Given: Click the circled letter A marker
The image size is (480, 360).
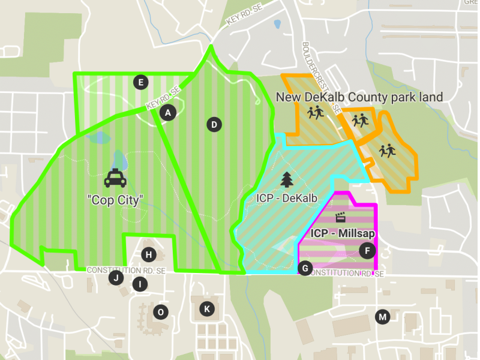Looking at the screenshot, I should coord(168,112).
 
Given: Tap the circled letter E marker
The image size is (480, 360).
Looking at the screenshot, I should coord(140,82).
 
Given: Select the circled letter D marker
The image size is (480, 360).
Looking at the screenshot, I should coord(214,125).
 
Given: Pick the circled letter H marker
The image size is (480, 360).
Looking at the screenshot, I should coord(149,254).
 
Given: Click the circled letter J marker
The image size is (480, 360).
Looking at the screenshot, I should coord(116,277).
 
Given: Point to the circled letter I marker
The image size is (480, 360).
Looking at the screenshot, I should coord(140,284).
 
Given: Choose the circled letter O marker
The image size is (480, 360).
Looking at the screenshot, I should coord(160,311).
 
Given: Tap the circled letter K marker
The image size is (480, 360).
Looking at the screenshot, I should coord(207,309).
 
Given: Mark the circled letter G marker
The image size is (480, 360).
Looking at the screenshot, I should coord(305,268).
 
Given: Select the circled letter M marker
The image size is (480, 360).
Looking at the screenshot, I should coord(382,316).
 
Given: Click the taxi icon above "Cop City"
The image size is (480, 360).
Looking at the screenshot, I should coord(115,179).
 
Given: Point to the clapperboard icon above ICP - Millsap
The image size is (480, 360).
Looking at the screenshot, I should coord(341,217).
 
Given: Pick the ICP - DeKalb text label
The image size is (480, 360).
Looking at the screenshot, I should coord(287,197).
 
